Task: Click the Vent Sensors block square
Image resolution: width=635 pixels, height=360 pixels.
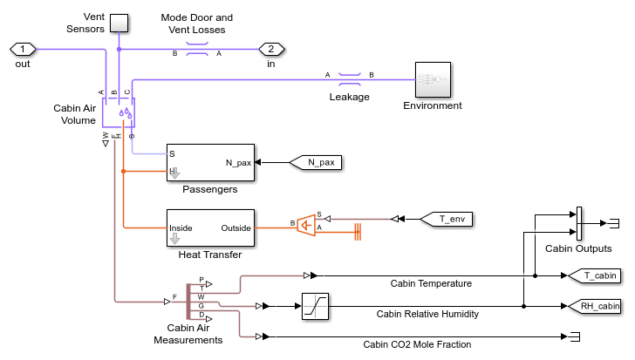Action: point(119,23)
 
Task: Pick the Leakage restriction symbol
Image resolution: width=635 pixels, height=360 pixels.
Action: point(350,79)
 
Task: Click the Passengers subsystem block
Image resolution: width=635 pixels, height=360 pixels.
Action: point(209,162)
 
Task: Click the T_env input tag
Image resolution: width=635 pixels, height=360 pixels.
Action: point(447,218)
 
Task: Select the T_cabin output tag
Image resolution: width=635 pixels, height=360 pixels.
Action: point(593,276)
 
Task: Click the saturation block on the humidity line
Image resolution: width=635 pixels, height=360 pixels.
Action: point(315,306)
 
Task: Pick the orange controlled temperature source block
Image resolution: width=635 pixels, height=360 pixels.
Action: point(305,226)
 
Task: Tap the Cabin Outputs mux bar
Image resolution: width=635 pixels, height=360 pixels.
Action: point(578,223)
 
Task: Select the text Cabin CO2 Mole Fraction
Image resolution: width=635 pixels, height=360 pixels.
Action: point(418,343)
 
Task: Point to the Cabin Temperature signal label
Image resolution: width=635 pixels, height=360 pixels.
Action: point(431,283)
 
